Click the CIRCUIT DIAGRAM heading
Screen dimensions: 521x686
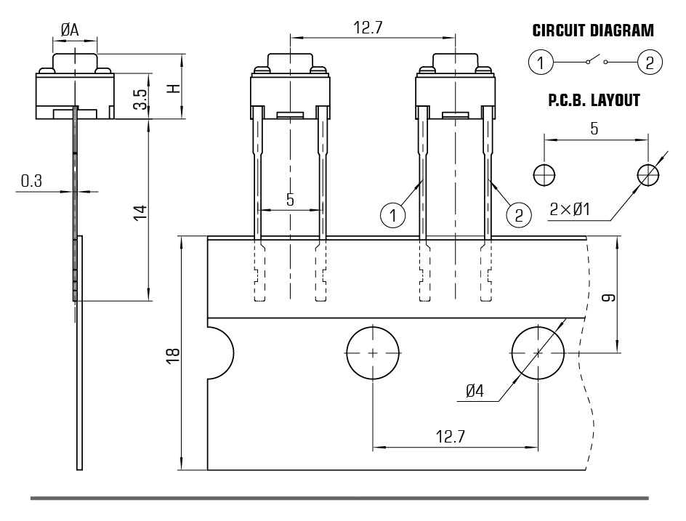tap(593, 31)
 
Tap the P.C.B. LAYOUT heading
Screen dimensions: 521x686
tap(594, 101)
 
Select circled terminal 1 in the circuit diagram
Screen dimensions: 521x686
tap(540, 62)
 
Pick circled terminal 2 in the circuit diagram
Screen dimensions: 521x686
tap(649, 62)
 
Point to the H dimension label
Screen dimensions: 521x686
tap(173, 88)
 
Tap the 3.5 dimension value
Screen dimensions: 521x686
tap(142, 99)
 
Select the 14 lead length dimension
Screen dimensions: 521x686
tap(141, 211)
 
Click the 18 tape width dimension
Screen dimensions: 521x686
tap(173, 354)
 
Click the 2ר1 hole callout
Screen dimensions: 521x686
tap(570, 211)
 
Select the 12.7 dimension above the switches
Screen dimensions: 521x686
tap(368, 27)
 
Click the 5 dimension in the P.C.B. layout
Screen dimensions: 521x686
tap(594, 129)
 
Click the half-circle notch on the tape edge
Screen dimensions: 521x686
tap(219, 353)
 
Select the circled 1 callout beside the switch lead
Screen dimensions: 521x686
tap(392, 214)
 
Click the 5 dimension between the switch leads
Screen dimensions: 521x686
tap(290, 200)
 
